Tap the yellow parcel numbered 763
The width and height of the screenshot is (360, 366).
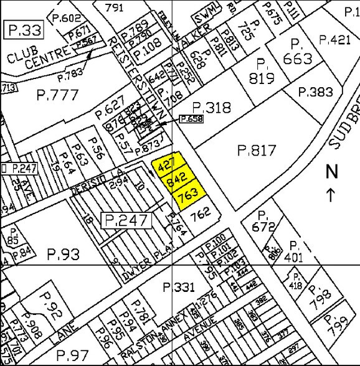click(x=187, y=194)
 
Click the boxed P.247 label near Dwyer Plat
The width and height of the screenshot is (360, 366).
click(x=128, y=220)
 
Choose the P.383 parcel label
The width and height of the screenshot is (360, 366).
click(x=316, y=91)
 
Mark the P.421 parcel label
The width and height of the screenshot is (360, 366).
click(x=334, y=40)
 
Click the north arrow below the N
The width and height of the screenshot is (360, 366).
click(x=331, y=194)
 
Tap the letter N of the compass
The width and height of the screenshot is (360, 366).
click(x=331, y=171)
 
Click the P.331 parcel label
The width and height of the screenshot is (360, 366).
click(x=179, y=287)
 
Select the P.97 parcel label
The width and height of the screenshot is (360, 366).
click(x=72, y=354)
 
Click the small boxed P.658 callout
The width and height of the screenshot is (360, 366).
click(x=192, y=118)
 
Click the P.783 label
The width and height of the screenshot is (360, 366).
click(x=70, y=73)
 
